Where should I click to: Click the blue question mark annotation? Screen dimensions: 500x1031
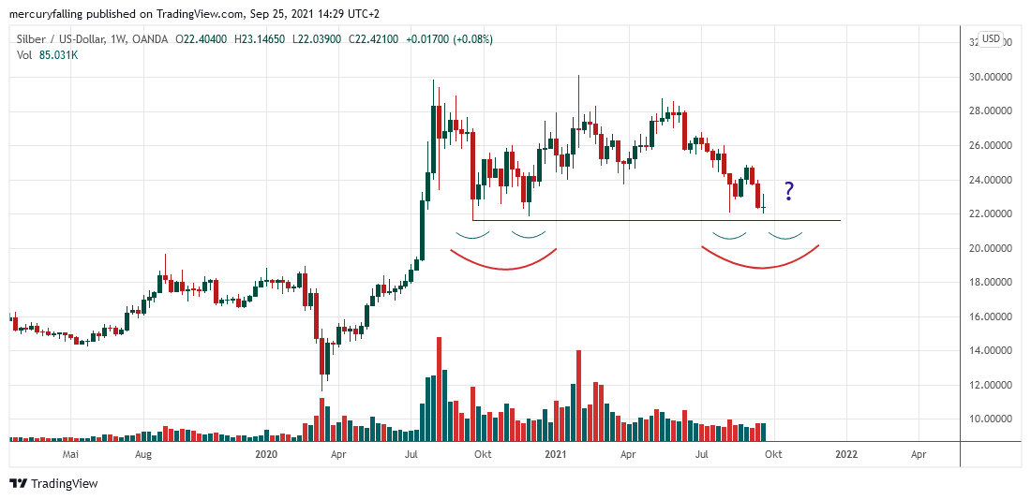pyautogui.click(x=789, y=191)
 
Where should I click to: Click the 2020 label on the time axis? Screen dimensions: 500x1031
pyautogui.click(x=267, y=454)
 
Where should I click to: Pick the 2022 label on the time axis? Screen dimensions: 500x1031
pyautogui.click(x=845, y=454)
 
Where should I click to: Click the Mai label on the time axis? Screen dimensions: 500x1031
pyautogui.click(x=68, y=454)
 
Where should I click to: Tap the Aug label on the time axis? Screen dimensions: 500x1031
pyautogui.click(x=143, y=454)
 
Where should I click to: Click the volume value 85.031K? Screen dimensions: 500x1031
pyautogui.click(x=57, y=54)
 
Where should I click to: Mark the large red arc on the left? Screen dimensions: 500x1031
pyautogui.click(x=504, y=268)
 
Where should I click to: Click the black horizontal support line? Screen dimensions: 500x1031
pyautogui.click(x=656, y=221)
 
